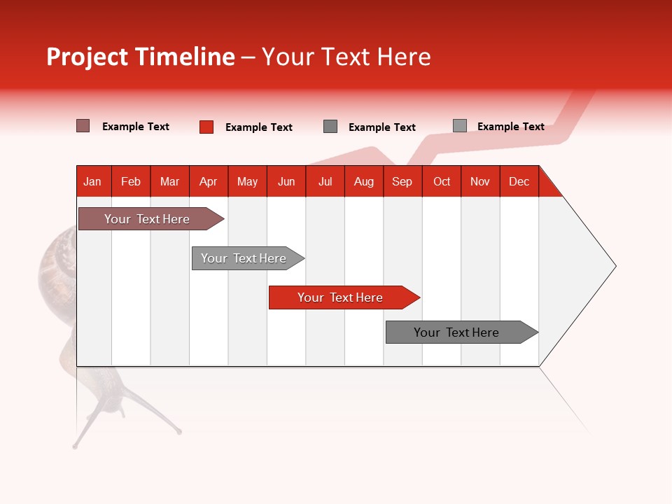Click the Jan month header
92,181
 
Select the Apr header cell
208,181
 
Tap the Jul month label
325,181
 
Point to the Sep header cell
402,181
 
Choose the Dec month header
519,181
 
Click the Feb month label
131,181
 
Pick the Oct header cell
442,181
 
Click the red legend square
206,127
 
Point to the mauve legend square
83,126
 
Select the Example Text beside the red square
258,127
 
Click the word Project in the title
88,57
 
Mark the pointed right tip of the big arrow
615,266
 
